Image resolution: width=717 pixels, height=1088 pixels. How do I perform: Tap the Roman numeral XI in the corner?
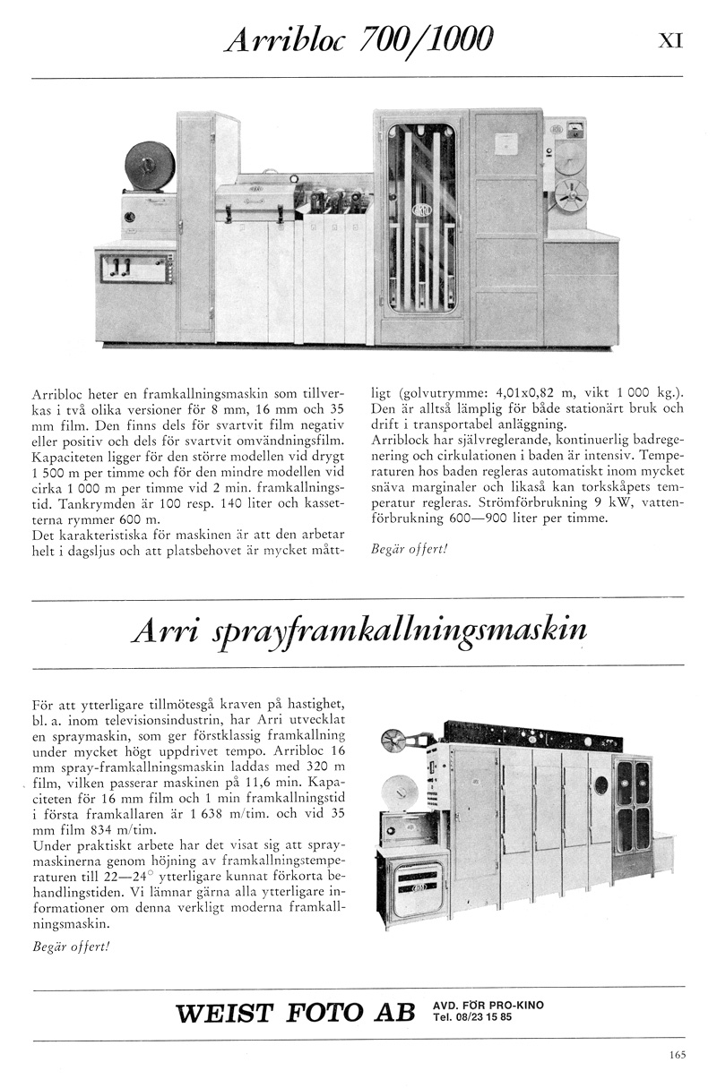point(671,40)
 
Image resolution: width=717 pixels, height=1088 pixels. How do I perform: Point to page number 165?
point(677,1054)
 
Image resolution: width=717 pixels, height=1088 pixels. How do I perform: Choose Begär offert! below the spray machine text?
point(69,946)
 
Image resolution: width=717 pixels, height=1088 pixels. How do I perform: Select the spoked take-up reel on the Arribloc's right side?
point(570,194)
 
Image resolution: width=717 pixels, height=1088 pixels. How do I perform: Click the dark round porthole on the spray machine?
point(599,785)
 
